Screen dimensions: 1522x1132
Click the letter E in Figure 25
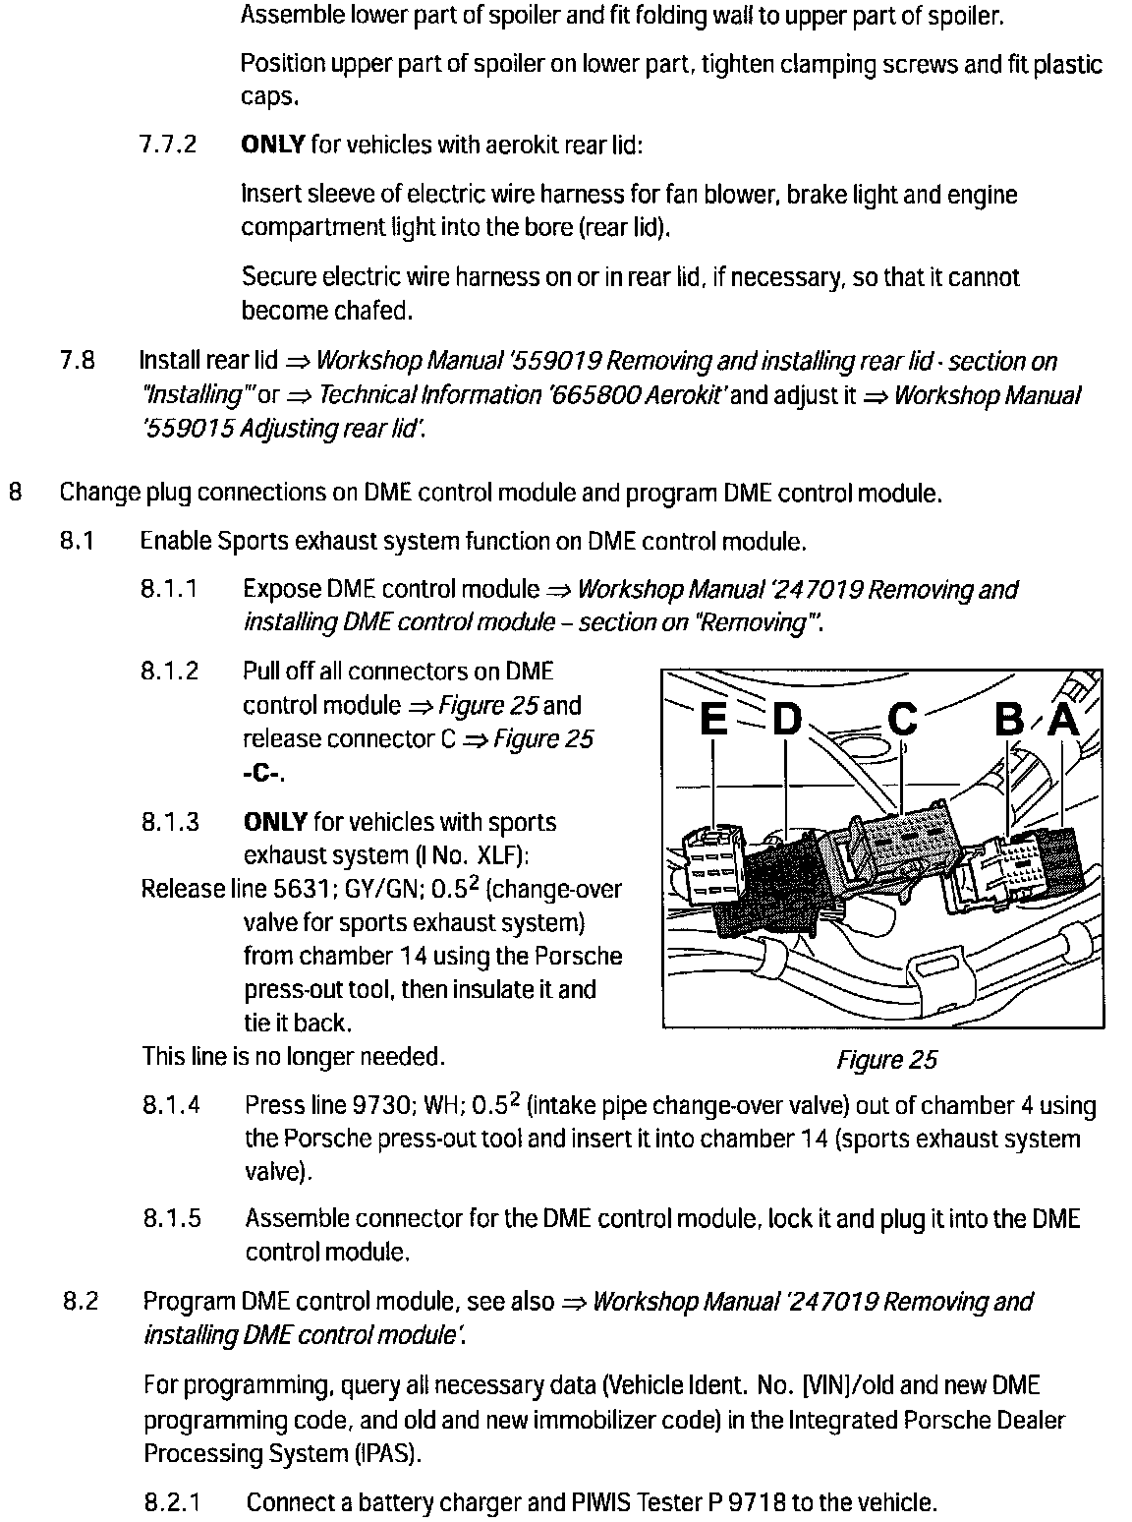click(x=714, y=721)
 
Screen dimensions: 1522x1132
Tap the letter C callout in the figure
click(x=901, y=721)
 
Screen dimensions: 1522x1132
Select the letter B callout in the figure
click(x=1009, y=721)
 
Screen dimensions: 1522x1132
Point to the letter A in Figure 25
click(x=1063, y=721)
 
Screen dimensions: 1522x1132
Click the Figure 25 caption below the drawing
click(x=886, y=1060)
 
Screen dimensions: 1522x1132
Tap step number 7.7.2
click(x=168, y=146)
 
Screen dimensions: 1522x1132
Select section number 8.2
click(x=81, y=1302)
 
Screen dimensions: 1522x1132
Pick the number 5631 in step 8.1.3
click(x=312, y=890)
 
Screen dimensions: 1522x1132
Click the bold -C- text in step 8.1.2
click(x=262, y=773)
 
